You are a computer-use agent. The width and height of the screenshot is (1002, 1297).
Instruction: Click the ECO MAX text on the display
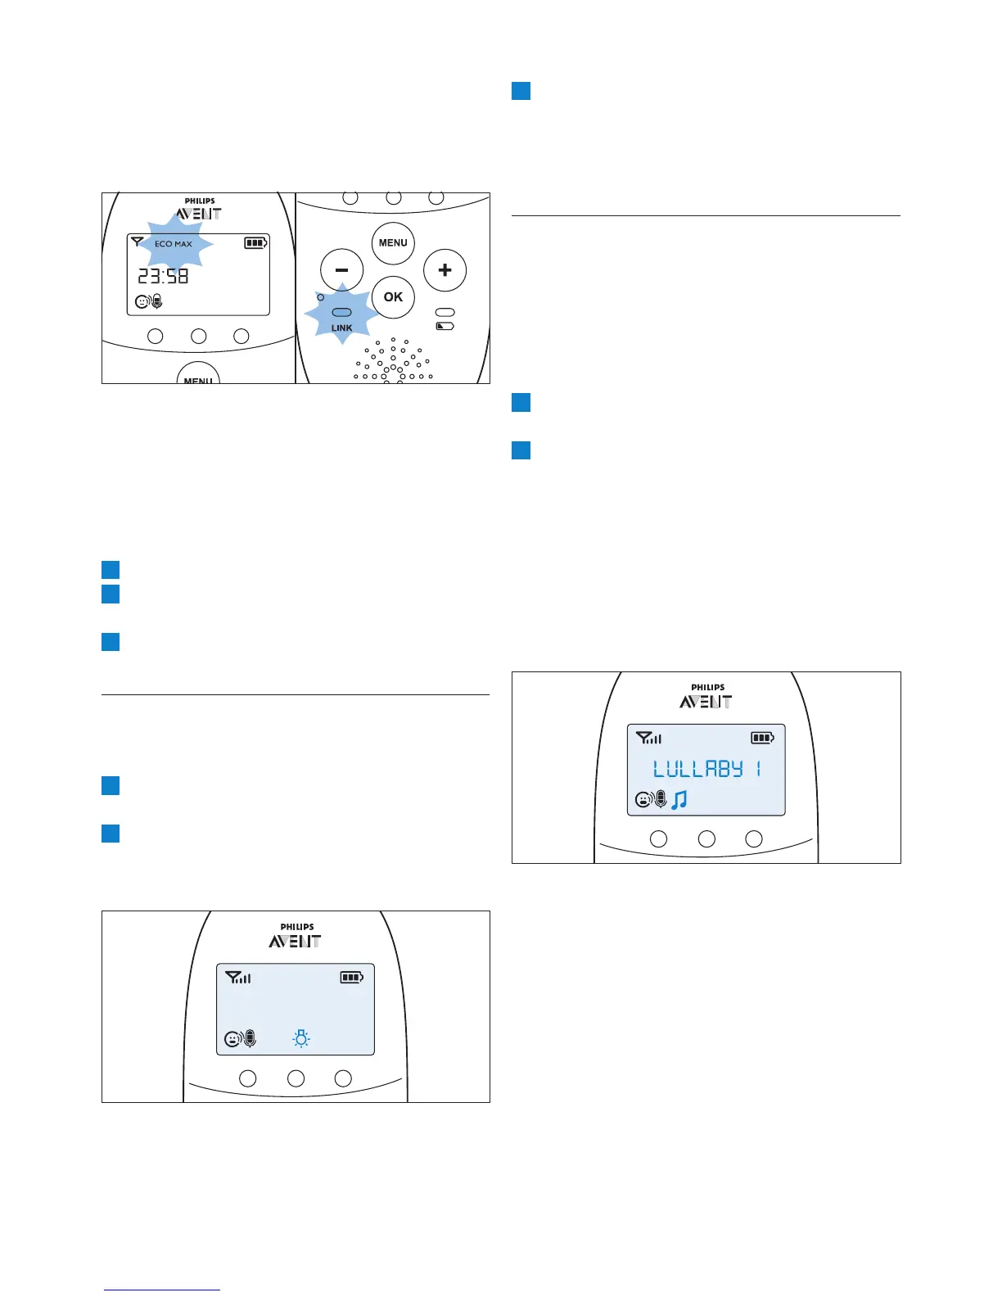pos(174,244)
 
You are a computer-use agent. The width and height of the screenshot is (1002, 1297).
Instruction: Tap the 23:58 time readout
pos(163,277)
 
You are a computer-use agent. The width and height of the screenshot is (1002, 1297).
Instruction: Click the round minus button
pos(341,270)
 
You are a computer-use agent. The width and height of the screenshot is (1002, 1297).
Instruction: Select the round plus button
pos(445,270)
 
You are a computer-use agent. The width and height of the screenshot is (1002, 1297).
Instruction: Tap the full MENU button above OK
pos(393,243)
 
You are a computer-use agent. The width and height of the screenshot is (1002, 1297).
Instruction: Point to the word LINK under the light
pos(342,328)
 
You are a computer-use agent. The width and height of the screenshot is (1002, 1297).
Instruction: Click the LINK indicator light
pos(341,313)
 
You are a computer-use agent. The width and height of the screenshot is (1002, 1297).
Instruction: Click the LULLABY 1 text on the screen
pos(707,769)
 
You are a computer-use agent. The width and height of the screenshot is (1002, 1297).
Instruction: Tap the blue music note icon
pos(679,800)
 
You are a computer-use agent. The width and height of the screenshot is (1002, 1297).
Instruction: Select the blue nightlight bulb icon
pos(301,1039)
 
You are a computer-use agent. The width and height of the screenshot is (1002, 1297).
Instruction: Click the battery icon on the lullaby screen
pos(762,738)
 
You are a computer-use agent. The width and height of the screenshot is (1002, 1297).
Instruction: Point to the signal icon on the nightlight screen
pos(238,977)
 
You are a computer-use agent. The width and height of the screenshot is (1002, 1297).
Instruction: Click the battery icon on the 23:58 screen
pos(255,243)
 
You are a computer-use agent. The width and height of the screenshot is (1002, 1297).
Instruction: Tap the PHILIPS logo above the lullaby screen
pos(707,688)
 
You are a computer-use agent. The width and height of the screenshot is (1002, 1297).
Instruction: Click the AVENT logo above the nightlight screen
pos(295,942)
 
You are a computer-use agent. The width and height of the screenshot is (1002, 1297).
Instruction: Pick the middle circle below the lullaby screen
pos(706,838)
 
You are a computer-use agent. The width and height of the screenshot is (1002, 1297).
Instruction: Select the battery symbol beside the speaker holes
pos(445,326)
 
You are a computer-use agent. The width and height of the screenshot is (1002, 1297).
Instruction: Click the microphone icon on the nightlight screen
pos(250,1039)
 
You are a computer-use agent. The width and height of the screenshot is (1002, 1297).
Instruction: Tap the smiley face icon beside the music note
pos(643,800)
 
